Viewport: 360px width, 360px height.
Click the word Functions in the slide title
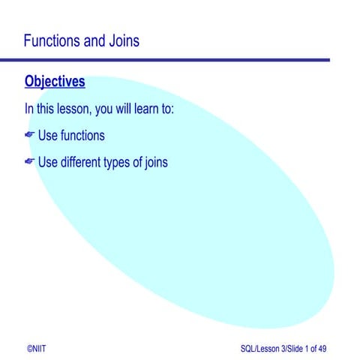(53, 40)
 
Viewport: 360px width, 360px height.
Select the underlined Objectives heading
(55, 81)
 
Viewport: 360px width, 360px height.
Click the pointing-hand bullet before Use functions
(30, 136)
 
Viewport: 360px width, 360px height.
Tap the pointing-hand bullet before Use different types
(30, 162)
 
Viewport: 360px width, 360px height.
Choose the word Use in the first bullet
(48, 136)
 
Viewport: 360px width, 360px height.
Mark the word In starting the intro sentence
(29, 109)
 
